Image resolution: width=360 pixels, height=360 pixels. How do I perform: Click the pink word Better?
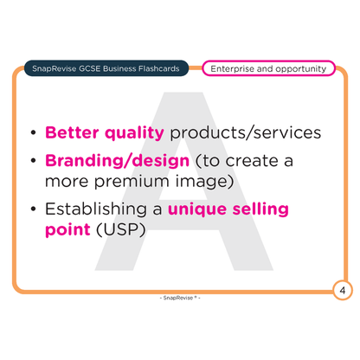[x=72, y=132]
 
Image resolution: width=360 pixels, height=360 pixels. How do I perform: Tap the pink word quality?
[x=134, y=134]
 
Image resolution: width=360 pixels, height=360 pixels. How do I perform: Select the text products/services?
[x=246, y=132]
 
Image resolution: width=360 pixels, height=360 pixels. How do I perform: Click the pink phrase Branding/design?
[x=117, y=161]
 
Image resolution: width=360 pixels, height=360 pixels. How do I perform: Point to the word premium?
[x=132, y=183]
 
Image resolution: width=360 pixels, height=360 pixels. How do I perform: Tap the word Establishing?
[x=96, y=209]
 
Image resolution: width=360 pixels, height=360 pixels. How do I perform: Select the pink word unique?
[x=197, y=210]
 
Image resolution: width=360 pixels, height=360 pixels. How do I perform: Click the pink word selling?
[x=260, y=209]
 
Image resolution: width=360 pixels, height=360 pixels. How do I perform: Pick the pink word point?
[x=67, y=230]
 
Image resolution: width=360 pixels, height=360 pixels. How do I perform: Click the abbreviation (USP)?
[x=121, y=230]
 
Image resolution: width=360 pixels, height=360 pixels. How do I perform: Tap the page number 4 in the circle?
[x=343, y=290]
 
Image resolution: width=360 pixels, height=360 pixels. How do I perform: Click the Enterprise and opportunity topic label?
[x=268, y=68]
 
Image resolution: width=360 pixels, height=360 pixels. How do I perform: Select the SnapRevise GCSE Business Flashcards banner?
[x=106, y=68]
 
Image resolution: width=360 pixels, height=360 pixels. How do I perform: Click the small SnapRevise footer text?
[x=180, y=298]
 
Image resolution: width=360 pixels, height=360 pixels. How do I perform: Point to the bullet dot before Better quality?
[x=34, y=133]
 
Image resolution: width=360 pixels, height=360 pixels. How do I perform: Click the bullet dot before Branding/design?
[x=34, y=161]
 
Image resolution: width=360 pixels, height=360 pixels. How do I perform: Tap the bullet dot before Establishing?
[x=34, y=209]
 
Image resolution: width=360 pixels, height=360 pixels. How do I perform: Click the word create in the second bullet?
[x=252, y=161]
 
